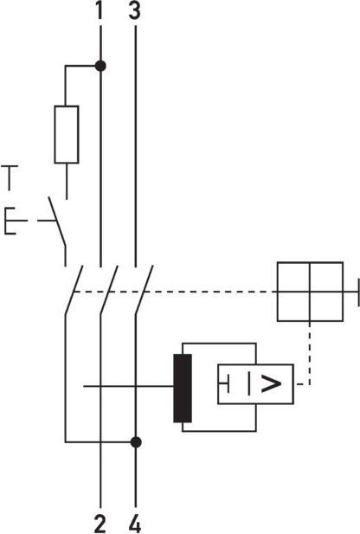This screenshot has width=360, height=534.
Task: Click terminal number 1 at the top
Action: pos(100,11)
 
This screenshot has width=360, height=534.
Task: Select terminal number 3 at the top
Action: pos(134,11)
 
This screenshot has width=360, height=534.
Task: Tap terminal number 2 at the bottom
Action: pos(100,522)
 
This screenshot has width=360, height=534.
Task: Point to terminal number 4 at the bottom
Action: pos(135,522)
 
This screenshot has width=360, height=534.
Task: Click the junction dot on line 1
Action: pos(100,65)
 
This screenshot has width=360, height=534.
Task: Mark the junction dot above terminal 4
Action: pos(135,441)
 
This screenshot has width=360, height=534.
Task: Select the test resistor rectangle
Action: pos(67,134)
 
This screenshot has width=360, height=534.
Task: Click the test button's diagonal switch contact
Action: pos(57,221)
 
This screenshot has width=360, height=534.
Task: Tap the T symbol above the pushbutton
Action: pos(10,177)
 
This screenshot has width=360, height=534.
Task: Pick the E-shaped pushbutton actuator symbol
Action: pos(10,222)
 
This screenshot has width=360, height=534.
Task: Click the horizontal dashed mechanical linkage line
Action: pos(208,293)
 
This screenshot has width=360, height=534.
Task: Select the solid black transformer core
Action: pos(182,387)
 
